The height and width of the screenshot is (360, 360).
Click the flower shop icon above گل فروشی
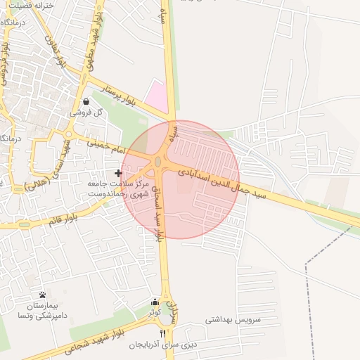pos(86,101)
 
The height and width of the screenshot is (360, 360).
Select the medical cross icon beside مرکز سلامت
pos(118,173)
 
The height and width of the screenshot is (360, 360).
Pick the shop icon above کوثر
pos(155,302)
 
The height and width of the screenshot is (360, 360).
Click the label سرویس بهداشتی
pos(233,319)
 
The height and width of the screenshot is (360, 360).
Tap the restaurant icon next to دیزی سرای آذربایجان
pos(163,333)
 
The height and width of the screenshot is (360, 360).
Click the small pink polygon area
pos(158,96)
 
